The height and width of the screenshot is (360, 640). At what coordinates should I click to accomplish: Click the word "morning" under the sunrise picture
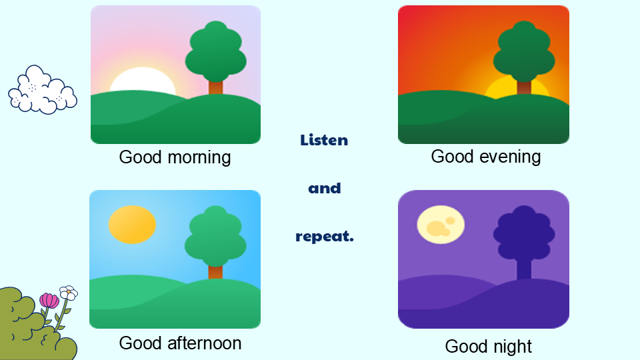[x=199, y=158]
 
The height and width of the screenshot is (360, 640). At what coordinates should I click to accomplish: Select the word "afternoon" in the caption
[x=205, y=343]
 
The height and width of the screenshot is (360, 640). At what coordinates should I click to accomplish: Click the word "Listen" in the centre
[x=324, y=140]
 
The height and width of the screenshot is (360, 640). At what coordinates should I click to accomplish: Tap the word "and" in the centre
[x=325, y=188]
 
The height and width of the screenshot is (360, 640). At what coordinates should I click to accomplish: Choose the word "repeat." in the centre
[x=325, y=237]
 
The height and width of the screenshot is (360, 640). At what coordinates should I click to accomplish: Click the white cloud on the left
[x=43, y=90]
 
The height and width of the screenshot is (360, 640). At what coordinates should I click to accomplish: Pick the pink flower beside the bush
[x=49, y=301]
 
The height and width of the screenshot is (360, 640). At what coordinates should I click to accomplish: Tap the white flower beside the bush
[x=69, y=293]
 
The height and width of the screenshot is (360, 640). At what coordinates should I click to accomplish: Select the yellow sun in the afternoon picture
[x=132, y=225]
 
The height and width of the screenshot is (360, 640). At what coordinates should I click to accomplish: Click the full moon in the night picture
[x=441, y=225]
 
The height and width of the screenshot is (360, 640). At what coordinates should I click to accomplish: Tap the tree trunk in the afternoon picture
[x=215, y=272]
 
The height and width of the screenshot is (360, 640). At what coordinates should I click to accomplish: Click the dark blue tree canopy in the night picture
[x=524, y=233]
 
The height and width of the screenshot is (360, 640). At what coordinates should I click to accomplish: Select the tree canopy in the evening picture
[x=524, y=51]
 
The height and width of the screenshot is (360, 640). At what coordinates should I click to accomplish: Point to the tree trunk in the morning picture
[x=215, y=88]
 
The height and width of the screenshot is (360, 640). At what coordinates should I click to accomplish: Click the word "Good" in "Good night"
[x=465, y=347]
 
